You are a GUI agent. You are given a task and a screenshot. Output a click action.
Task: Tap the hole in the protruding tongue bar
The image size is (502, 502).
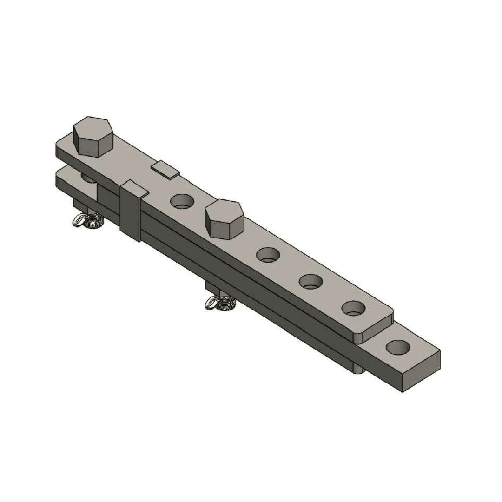[x=398, y=348]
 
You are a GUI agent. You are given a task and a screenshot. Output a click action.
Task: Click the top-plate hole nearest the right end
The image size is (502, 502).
[x=353, y=308]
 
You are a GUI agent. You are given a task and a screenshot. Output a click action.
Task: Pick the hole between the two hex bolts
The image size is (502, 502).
[x=182, y=201]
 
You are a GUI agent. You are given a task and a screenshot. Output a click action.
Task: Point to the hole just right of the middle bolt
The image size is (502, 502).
[x=268, y=254]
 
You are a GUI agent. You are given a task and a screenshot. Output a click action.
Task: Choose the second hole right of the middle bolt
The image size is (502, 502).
[x=311, y=281]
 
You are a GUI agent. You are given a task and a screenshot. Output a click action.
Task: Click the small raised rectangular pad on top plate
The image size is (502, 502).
[x=165, y=170]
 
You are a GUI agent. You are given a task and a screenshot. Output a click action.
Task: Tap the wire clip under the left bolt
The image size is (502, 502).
[x=87, y=221]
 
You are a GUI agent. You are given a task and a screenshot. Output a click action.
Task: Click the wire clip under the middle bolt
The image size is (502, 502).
[x=219, y=304]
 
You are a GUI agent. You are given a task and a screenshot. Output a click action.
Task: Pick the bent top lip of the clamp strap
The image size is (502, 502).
[x=135, y=188]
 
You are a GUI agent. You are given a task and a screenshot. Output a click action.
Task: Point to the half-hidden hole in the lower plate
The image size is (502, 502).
[x=88, y=177]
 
